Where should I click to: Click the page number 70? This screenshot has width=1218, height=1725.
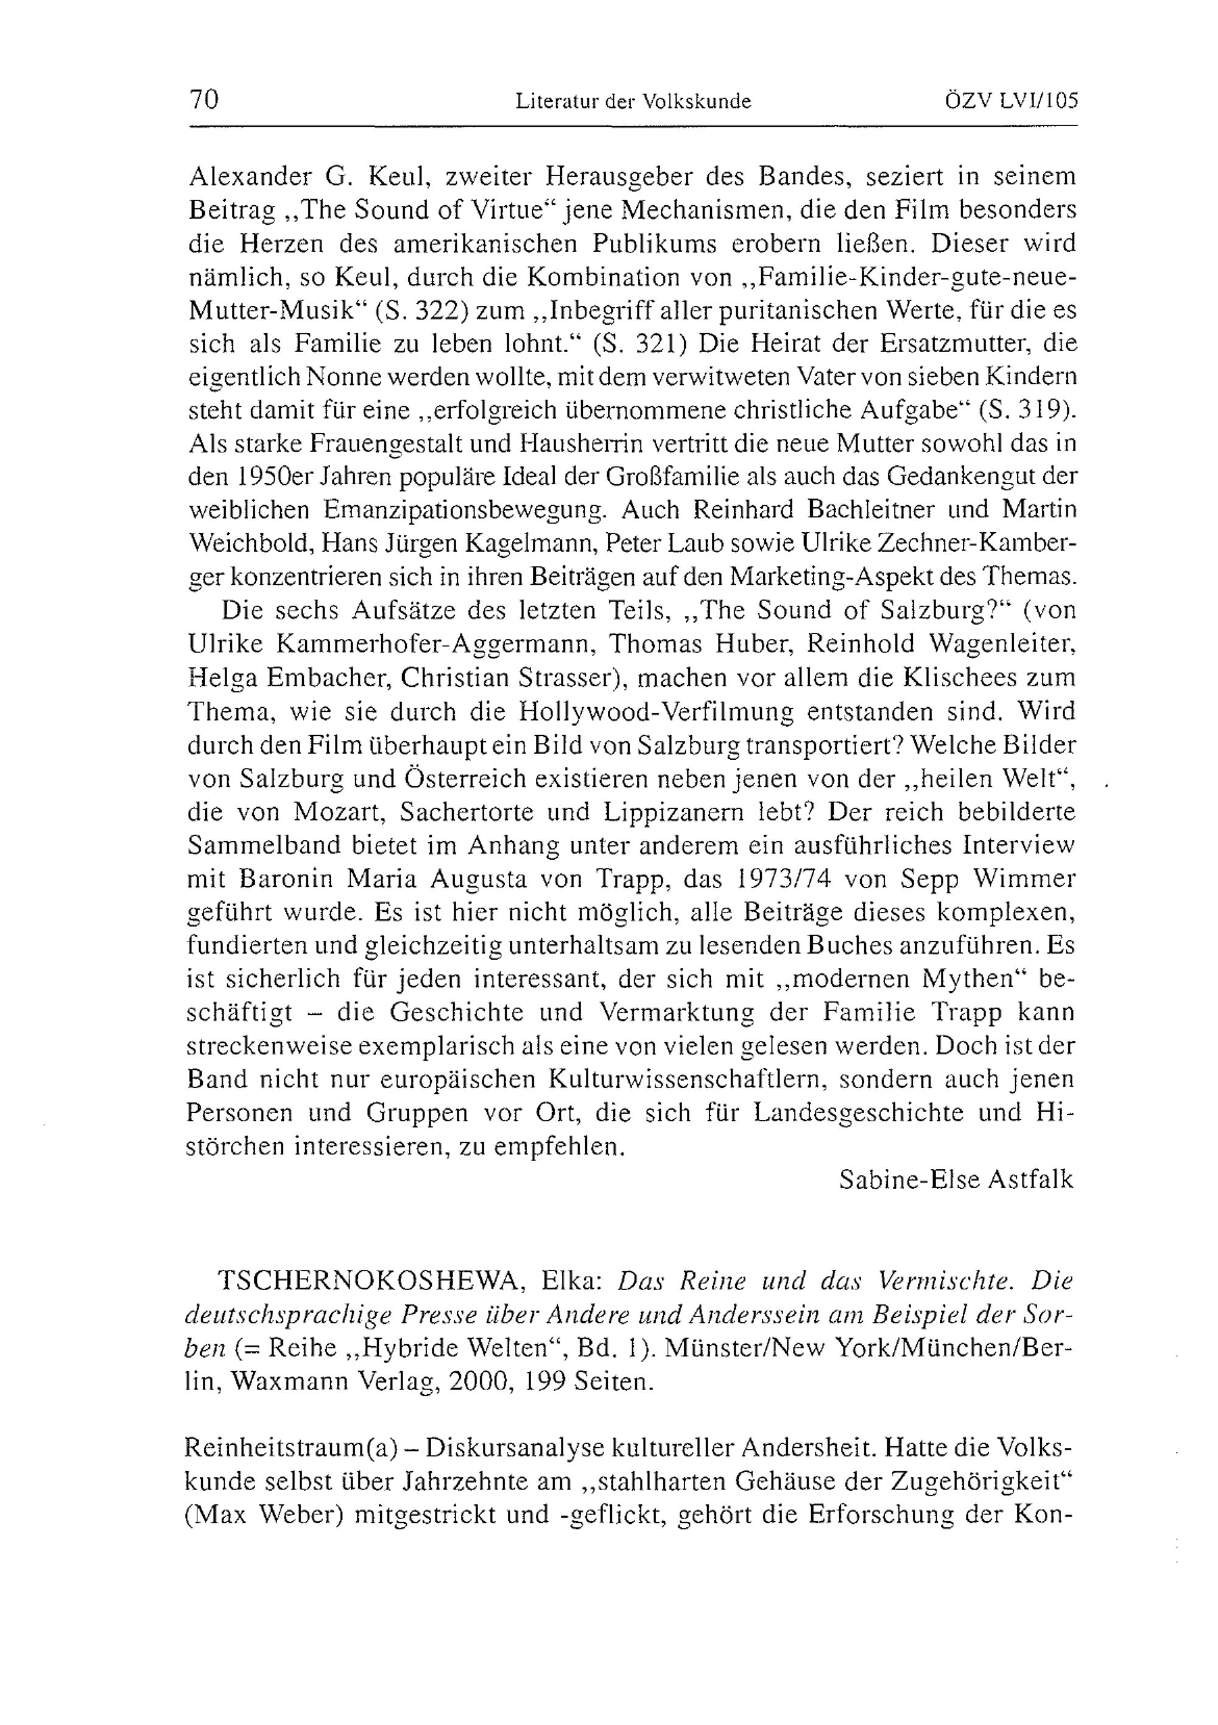(x=203, y=99)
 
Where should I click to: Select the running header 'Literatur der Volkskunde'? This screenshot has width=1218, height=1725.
(x=633, y=101)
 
